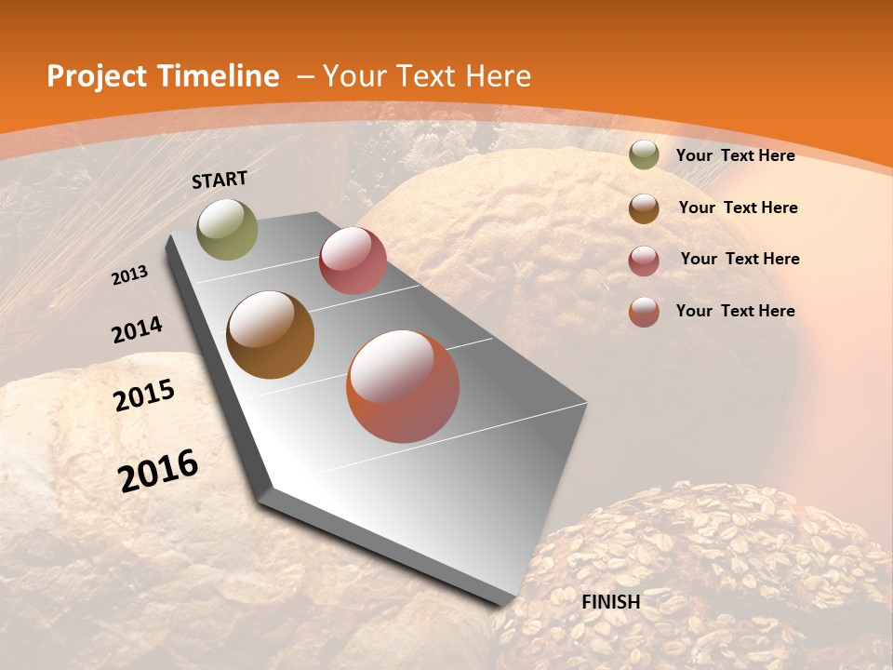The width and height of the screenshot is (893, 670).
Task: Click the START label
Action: tap(220, 180)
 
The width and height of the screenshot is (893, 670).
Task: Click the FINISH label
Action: tap(611, 602)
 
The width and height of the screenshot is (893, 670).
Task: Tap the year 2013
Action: tap(130, 275)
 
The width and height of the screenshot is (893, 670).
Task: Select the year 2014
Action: tap(137, 330)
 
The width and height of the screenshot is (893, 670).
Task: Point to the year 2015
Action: tap(144, 395)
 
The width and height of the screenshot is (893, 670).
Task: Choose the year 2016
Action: tap(158, 471)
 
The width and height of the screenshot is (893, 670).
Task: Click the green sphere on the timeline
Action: tap(227, 230)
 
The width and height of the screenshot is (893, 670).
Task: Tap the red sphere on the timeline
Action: tap(353, 261)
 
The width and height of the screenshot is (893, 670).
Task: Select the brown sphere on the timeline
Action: tap(270, 335)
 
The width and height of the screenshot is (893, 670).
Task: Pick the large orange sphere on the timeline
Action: tap(403, 386)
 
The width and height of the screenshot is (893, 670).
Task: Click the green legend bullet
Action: tap(644, 155)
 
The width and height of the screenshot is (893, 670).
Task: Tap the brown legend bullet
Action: tap(644, 208)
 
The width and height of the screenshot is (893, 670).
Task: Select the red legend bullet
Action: tap(644, 260)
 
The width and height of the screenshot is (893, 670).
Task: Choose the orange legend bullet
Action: tap(644, 312)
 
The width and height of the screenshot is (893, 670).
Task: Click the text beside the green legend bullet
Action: tap(736, 155)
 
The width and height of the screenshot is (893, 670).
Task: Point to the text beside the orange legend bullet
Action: tap(736, 311)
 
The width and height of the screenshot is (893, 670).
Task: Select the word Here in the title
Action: tap(499, 76)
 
